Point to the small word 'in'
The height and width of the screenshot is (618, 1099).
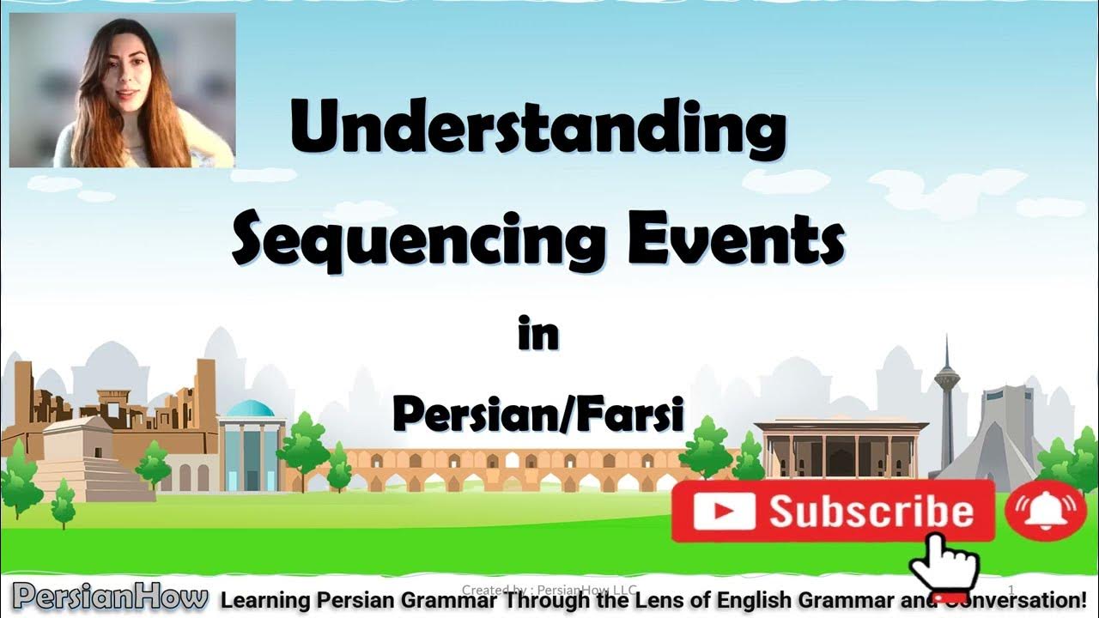pos(538,334)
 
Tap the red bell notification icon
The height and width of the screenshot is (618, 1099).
pos(1045,510)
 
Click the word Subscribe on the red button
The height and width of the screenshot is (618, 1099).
pos(871,512)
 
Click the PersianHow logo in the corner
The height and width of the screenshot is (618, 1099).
pos(110,597)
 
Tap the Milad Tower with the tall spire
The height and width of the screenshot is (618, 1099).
pos(947,403)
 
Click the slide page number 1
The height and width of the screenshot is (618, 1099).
pos(1011,589)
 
